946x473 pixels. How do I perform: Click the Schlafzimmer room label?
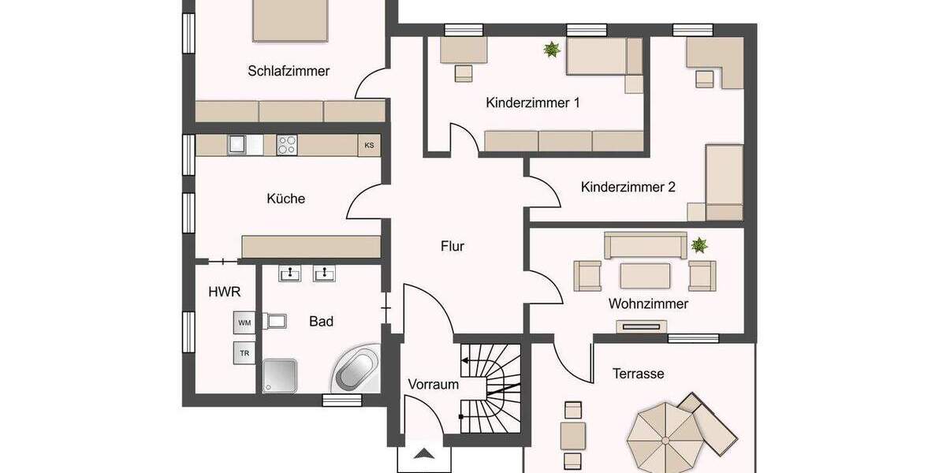[x=289, y=71]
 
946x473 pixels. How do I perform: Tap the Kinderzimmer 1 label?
[x=533, y=102]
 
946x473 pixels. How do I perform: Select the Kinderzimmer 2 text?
[x=628, y=188]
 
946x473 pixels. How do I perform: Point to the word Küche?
[x=285, y=199]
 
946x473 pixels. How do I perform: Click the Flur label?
[x=453, y=247]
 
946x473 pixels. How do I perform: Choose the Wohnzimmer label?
[x=648, y=304]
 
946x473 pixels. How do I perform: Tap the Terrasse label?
[x=639, y=374]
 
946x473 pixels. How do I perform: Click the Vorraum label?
[x=433, y=385]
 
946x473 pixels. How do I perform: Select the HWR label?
[x=224, y=292]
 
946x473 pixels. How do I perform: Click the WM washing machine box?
[x=244, y=322]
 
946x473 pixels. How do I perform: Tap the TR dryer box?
[x=244, y=353]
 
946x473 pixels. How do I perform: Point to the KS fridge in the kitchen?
[x=369, y=145]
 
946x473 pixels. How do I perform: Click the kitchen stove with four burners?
[x=287, y=145]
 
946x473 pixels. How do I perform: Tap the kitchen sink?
[x=236, y=144]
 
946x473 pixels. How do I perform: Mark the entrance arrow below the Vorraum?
[x=424, y=454]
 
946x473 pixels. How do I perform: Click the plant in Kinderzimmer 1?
[x=552, y=50]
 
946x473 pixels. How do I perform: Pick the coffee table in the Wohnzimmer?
[x=645, y=275]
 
